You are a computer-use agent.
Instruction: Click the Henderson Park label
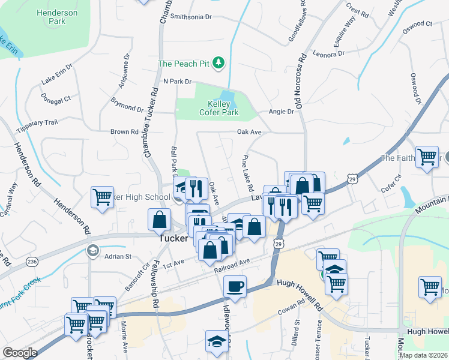click(x=56, y=17)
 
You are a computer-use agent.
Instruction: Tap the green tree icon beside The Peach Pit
click(x=220, y=62)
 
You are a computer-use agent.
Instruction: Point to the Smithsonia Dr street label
click(x=191, y=17)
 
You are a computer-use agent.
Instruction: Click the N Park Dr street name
click(x=177, y=81)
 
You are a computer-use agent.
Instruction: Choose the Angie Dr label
click(x=282, y=112)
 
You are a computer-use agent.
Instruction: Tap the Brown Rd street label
click(x=124, y=131)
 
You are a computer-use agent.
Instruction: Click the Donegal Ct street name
click(x=56, y=97)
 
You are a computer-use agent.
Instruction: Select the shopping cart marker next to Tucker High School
click(x=102, y=197)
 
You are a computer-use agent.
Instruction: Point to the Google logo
click(x=20, y=353)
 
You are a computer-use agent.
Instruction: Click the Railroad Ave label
click(x=231, y=263)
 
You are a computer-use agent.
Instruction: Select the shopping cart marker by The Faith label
click(x=427, y=157)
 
